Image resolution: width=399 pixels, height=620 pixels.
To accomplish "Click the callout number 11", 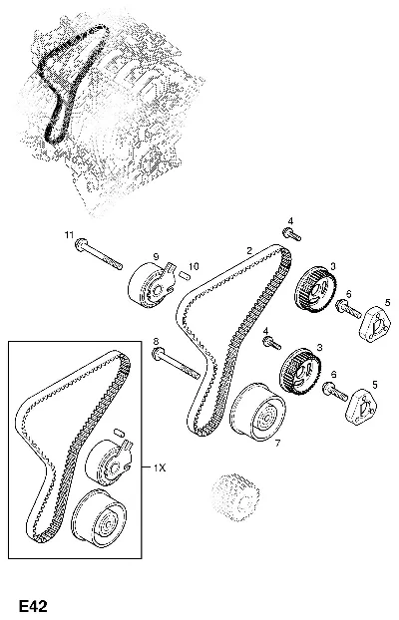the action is coord(69,235).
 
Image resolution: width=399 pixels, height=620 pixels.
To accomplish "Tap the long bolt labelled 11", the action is coord(98,254).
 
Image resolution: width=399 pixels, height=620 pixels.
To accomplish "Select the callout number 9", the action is coord(156,256).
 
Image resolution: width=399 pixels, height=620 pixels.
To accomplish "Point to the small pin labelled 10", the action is coord(183,274).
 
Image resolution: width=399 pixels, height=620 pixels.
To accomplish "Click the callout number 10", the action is coord(194,267).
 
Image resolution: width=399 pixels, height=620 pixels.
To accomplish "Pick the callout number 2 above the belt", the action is coord(249,250).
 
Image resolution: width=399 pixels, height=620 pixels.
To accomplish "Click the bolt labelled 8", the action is coord(176,363).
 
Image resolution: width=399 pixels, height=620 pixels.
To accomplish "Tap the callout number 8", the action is coord(156,341).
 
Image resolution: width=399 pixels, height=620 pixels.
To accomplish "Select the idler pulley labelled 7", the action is coord(257,412).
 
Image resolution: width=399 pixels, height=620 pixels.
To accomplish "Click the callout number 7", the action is coord(277,444).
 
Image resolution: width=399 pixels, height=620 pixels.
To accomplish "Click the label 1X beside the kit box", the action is coord(160,468).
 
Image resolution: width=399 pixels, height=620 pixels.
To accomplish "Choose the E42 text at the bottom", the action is coord(33,606).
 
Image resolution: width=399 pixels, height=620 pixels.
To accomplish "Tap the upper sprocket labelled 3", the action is coord(315,290).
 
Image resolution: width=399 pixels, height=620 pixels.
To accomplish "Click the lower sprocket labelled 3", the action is coord(301,371).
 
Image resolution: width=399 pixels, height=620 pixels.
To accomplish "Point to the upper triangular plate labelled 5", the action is coord(374,324).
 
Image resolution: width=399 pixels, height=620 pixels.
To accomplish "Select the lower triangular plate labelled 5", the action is coord(361,407).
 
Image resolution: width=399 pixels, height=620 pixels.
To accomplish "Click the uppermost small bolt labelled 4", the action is coord(291,234).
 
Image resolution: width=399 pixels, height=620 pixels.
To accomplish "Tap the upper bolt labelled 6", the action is coord(348,309).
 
